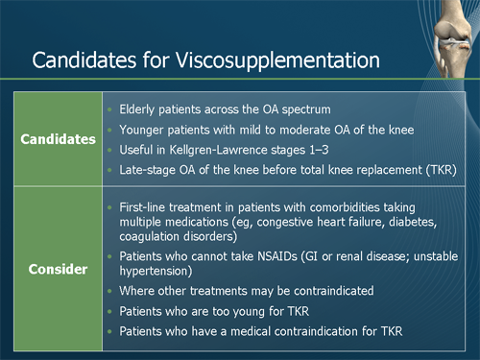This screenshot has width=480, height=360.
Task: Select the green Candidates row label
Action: (59, 139)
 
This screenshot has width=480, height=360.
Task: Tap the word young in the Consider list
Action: (246, 311)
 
